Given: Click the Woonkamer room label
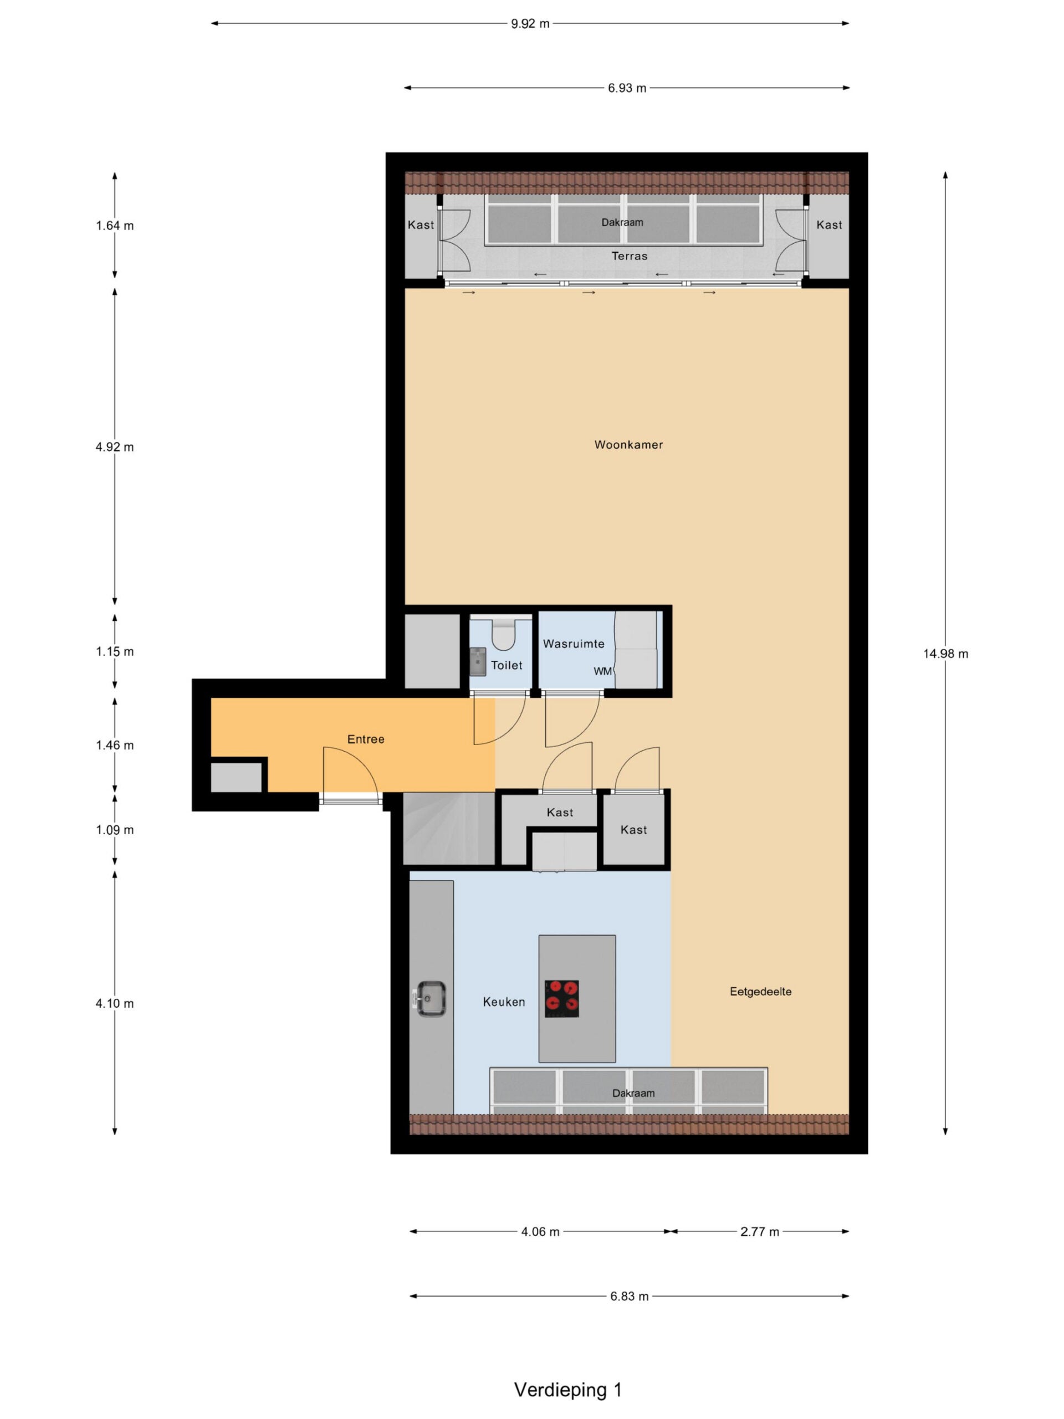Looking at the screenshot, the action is [x=628, y=445].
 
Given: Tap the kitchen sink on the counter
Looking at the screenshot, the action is [x=429, y=998].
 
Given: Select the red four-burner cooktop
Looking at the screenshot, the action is [x=562, y=998].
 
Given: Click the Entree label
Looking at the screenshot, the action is [x=366, y=739].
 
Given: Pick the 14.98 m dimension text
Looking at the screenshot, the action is [x=945, y=654].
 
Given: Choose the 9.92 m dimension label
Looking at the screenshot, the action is [x=530, y=24].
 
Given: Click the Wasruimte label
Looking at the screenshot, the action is [x=574, y=644].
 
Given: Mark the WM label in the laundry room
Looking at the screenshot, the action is [x=602, y=671].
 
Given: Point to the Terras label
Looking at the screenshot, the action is [x=629, y=256].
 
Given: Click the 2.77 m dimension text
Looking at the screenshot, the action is [x=759, y=1232].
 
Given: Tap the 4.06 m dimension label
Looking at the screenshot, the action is [x=540, y=1232].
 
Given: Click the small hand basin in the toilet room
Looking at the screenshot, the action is [x=478, y=661].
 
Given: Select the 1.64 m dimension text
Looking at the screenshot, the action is [x=115, y=225].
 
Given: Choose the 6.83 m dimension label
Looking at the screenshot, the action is [x=629, y=1297].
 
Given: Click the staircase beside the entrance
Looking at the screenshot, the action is [x=449, y=828].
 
